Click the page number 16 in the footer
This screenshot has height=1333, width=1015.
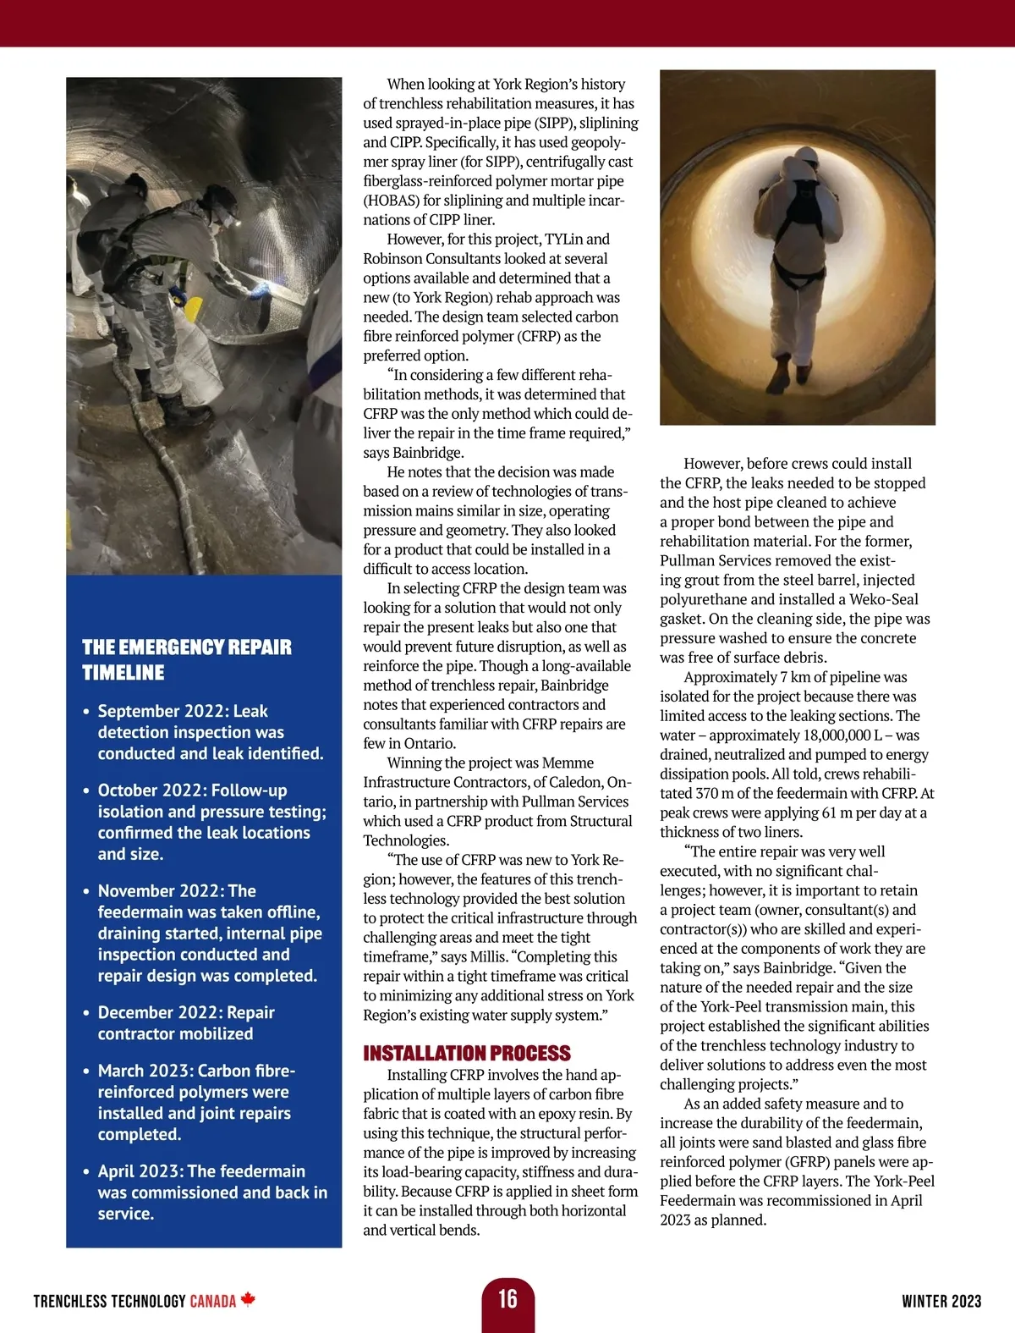(507, 1298)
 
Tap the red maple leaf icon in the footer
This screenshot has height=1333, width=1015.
(248, 1299)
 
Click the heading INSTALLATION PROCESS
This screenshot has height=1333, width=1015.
(467, 1053)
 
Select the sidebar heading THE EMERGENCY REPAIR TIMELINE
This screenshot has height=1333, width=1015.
(186, 660)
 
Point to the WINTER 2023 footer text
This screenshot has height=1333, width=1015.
(941, 1301)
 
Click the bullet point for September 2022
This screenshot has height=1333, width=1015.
(86, 712)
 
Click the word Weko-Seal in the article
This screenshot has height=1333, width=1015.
(884, 599)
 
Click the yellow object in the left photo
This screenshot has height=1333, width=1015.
(194, 309)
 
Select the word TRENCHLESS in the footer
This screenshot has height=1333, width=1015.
(69, 1301)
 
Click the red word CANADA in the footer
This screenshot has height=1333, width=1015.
(212, 1301)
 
